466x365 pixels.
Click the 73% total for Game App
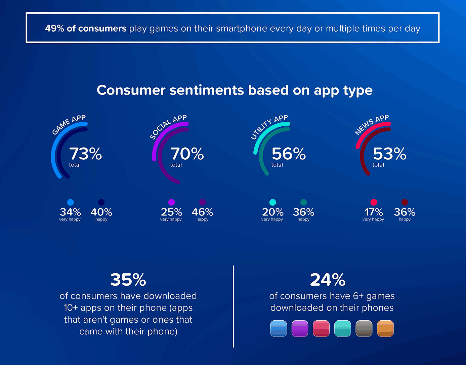[x=85, y=154]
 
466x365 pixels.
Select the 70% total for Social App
[x=187, y=154]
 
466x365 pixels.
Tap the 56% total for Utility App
[x=288, y=154]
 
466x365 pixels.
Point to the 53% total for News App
[x=389, y=154]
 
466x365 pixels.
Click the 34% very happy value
[x=70, y=212]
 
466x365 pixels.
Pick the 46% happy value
[x=202, y=212]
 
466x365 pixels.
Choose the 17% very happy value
[x=374, y=212]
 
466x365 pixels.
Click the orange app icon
[x=385, y=328]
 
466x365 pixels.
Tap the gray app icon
[x=364, y=328]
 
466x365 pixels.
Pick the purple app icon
[x=300, y=328]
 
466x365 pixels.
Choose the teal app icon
[x=343, y=328]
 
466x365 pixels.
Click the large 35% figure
[x=128, y=280]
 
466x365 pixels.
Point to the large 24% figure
[x=328, y=280]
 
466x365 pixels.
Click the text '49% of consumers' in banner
[x=86, y=29]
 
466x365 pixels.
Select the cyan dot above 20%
[x=273, y=202]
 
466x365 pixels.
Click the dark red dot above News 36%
[x=405, y=202]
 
